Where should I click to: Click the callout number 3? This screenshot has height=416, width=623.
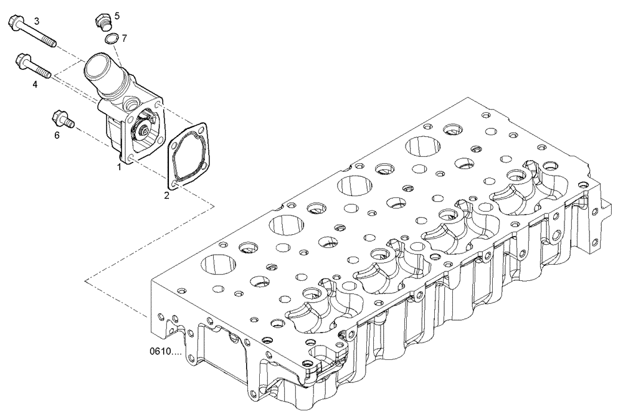coord(37,21)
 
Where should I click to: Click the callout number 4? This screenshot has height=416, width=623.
coord(35,83)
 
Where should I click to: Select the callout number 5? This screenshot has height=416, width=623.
coord(117,14)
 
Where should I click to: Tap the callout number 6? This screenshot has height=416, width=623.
coord(57,135)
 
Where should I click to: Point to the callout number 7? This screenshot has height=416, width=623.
coord(124,38)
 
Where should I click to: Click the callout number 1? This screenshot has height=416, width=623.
coord(118,167)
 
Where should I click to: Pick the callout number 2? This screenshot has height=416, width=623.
coord(166,196)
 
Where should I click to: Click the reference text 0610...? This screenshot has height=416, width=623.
coord(165,352)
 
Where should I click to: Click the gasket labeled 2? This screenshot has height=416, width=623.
coord(188,156)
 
